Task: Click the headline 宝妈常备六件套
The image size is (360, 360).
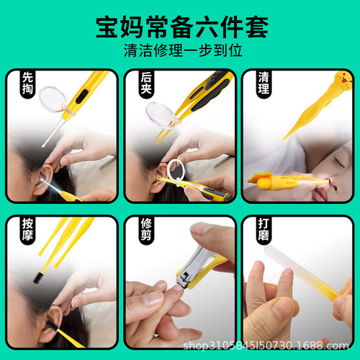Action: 179,27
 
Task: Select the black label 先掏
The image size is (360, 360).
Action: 27,85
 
